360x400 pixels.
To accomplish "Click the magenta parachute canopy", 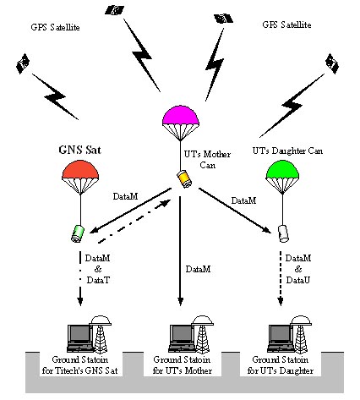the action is pyautogui.click(x=181, y=116).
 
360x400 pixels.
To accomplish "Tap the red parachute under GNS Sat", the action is pyautogui.click(x=80, y=170).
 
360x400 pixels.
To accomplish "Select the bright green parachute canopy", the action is pyautogui.click(x=282, y=169).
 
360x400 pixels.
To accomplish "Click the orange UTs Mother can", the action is pyautogui.click(x=184, y=178).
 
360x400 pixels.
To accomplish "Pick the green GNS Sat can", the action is pyautogui.click(x=78, y=233).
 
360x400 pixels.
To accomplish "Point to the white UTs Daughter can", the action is pyautogui.click(x=284, y=233).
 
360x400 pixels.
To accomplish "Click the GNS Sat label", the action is pyautogui.click(x=79, y=150).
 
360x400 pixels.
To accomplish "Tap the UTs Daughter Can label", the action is pyautogui.click(x=287, y=151).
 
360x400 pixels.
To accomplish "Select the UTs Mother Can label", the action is pyautogui.click(x=207, y=160).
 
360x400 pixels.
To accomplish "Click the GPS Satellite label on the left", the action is pyautogui.click(x=55, y=27).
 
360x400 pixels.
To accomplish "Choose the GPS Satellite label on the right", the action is pyautogui.click(x=286, y=25).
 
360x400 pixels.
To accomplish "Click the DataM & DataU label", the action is pyautogui.click(x=298, y=269).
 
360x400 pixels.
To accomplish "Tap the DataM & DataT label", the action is pyautogui.click(x=98, y=269).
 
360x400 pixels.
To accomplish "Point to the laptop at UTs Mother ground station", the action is pyautogui.click(x=182, y=338).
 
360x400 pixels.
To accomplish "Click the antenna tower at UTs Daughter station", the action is pyautogui.click(x=301, y=334).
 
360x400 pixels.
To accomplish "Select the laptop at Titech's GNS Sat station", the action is pyautogui.click(x=80, y=338).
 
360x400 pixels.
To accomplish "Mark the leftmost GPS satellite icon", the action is pyautogui.click(x=23, y=63).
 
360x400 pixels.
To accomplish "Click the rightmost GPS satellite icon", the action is pyautogui.click(x=332, y=63).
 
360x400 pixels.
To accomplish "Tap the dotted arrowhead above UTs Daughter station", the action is pyautogui.click(x=281, y=302).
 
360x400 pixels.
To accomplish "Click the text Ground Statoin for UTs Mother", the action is pyautogui.click(x=182, y=365).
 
